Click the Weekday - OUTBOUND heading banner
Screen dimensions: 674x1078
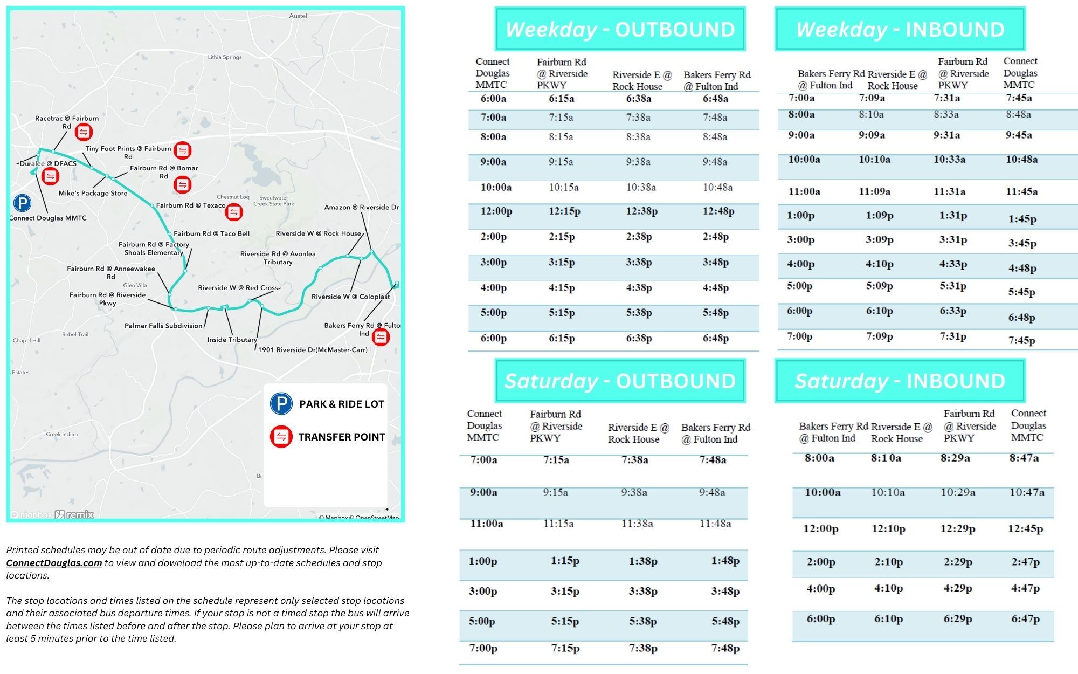click(620, 29)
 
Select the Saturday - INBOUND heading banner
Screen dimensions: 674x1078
click(900, 381)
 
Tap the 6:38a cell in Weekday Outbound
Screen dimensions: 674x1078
click(638, 99)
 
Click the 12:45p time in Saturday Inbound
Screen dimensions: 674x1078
click(1025, 529)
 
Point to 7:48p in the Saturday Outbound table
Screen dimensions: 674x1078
click(725, 648)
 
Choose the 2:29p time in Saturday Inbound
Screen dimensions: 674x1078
click(958, 562)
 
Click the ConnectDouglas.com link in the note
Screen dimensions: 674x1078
click(54, 563)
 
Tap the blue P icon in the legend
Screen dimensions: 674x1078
click(281, 404)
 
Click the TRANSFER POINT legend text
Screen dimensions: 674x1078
click(342, 437)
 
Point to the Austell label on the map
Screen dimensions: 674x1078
click(299, 16)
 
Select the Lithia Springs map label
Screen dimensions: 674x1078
click(225, 57)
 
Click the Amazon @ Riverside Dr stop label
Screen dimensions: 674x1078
click(361, 207)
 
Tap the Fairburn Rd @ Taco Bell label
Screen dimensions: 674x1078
click(211, 233)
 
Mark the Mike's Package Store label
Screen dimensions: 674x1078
click(93, 193)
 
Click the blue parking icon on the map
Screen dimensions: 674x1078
click(22, 203)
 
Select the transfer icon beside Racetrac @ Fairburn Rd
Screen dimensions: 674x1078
click(84, 132)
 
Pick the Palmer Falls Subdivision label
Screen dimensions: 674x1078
click(163, 326)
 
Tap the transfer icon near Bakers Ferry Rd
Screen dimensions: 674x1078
click(381, 337)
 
